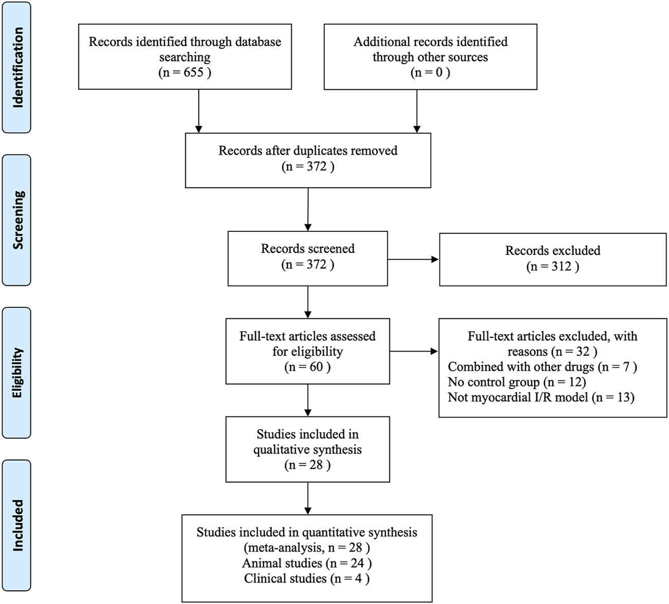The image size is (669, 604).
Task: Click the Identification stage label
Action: click(x=17, y=67)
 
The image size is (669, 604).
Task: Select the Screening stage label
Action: click(x=17, y=220)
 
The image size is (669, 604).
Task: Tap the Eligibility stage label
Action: click(x=17, y=373)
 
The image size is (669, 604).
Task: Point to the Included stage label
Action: click(x=17, y=525)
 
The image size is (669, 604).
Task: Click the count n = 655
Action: click(x=185, y=72)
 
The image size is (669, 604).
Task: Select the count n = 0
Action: click(x=430, y=72)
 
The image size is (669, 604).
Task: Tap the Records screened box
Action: click(x=308, y=257)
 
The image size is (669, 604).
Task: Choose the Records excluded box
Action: click(x=553, y=259)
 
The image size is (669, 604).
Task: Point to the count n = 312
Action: click(x=553, y=267)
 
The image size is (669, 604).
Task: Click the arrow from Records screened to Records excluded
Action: click(x=413, y=260)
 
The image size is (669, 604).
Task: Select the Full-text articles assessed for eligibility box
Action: click(x=308, y=351)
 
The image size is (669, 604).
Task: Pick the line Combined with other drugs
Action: click(x=542, y=367)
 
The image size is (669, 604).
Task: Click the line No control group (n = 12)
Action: click(x=517, y=382)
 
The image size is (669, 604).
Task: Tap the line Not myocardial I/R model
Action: click(x=541, y=397)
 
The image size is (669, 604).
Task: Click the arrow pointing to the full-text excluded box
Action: click(x=413, y=352)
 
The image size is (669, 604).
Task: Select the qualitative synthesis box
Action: click(x=308, y=449)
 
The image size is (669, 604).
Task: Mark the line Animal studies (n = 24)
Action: click(x=307, y=563)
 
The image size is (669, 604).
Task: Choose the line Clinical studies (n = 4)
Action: click(x=307, y=578)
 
